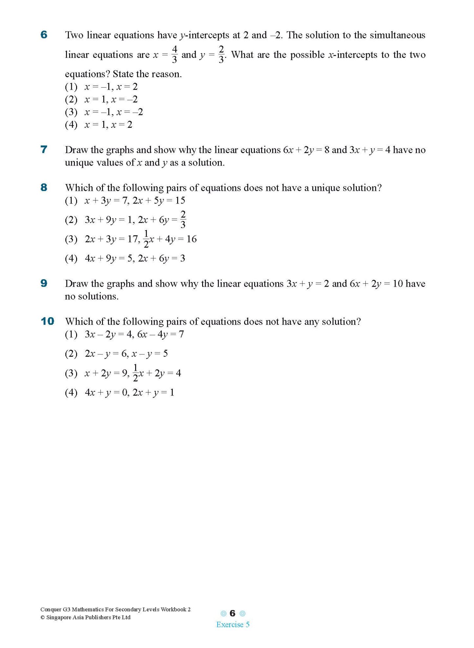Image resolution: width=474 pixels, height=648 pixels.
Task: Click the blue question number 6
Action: click(44, 34)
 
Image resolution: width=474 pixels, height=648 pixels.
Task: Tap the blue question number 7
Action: click(44, 149)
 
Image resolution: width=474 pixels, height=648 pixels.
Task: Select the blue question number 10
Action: click(47, 321)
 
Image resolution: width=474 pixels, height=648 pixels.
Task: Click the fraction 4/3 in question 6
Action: click(175, 54)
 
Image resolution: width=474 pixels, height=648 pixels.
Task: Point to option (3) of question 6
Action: click(104, 112)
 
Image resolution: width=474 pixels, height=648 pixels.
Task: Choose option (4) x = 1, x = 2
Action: click(98, 124)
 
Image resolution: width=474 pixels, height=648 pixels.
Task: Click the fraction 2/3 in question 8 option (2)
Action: click(183, 219)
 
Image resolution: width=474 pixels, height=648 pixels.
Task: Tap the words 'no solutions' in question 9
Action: click(92, 296)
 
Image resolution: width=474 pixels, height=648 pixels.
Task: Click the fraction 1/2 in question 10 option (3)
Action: click(135, 372)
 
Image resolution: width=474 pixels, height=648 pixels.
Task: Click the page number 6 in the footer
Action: click(233, 613)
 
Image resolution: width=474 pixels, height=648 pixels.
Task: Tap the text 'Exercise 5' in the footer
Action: click(233, 624)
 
